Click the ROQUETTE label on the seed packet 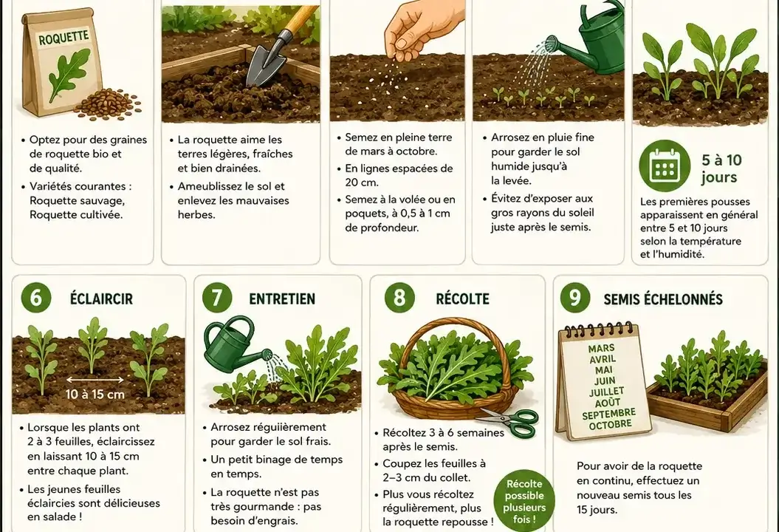click(x=63, y=38)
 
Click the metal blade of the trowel click(x=267, y=64)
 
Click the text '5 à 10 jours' click(x=721, y=168)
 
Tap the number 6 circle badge click(x=36, y=298)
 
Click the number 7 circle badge click(x=217, y=298)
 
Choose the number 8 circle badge click(x=400, y=298)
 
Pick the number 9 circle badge click(x=574, y=298)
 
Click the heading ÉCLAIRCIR click(x=101, y=299)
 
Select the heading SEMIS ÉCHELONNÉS click(x=663, y=299)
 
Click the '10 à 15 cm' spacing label click(x=95, y=395)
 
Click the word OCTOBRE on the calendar click(x=611, y=425)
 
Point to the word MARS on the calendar click(x=601, y=349)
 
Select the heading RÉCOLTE click(x=462, y=299)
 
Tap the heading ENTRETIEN click(x=282, y=299)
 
